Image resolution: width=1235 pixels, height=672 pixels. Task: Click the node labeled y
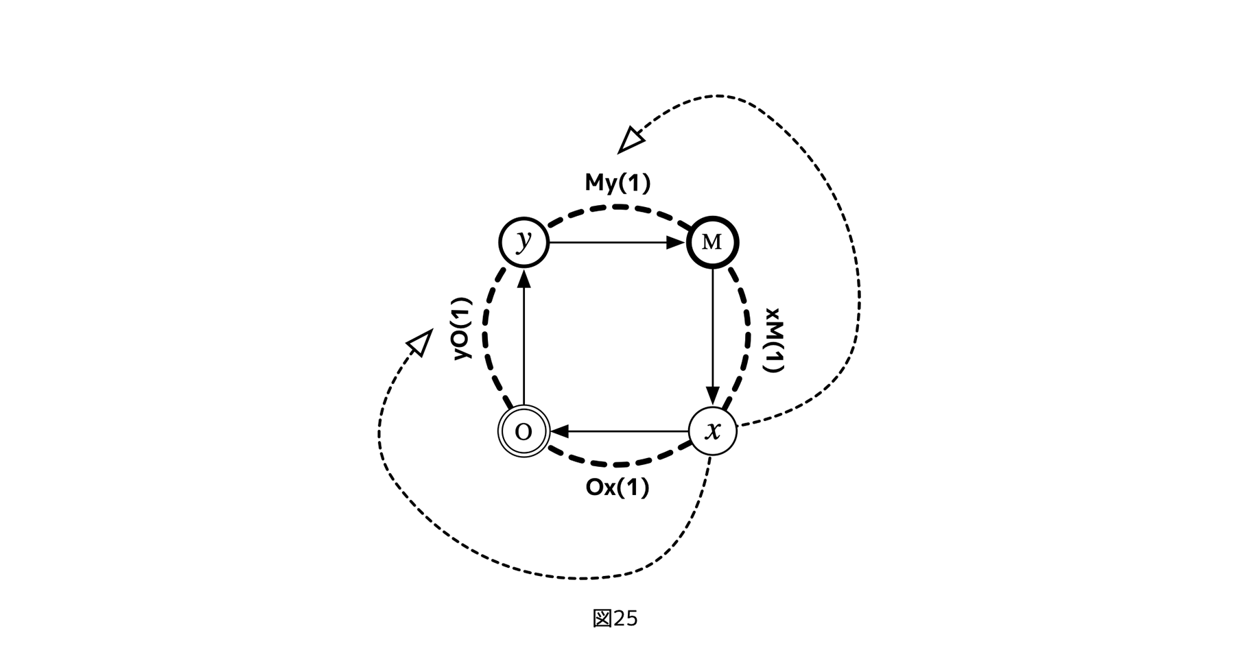[x=524, y=242]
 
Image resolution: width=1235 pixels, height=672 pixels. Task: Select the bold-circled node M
[x=712, y=242]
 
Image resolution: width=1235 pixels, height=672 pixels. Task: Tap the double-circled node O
[x=524, y=431]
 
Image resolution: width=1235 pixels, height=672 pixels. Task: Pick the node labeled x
[x=712, y=431]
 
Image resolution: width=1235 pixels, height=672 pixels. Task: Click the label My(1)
[x=617, y=183]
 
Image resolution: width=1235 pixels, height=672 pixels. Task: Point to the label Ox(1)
[x=617, y=488]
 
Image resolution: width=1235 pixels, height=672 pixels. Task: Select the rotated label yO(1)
[x=464, y=328]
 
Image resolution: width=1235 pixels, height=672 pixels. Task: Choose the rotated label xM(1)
[x=773, y=341]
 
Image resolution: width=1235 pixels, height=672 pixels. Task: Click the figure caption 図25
[x=615, y=619]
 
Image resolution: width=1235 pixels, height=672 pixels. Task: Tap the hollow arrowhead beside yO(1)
[x=419, y=341]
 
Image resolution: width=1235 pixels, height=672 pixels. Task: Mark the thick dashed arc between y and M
[x=617, y=206]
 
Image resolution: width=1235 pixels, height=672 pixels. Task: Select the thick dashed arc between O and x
[x=617, y=464]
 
